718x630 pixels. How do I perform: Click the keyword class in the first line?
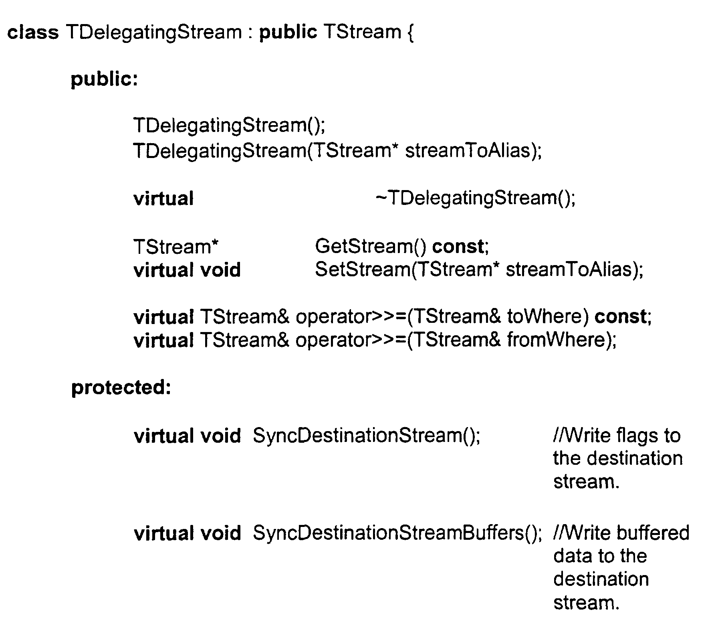[x=33, y=32]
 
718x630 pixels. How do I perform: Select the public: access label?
[x=104, y=80]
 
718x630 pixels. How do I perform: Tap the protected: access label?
[x=121, y=387]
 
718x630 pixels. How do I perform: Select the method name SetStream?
[x=361, y=269]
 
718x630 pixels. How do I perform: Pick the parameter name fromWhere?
[x=556, y=340]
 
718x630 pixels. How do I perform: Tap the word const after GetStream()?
[x=458, y=247]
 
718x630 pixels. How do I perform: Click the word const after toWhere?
[x=620, y=317]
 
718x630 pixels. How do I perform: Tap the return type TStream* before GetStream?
[x=176, y=247]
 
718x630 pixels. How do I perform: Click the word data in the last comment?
[x=571, y=556]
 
